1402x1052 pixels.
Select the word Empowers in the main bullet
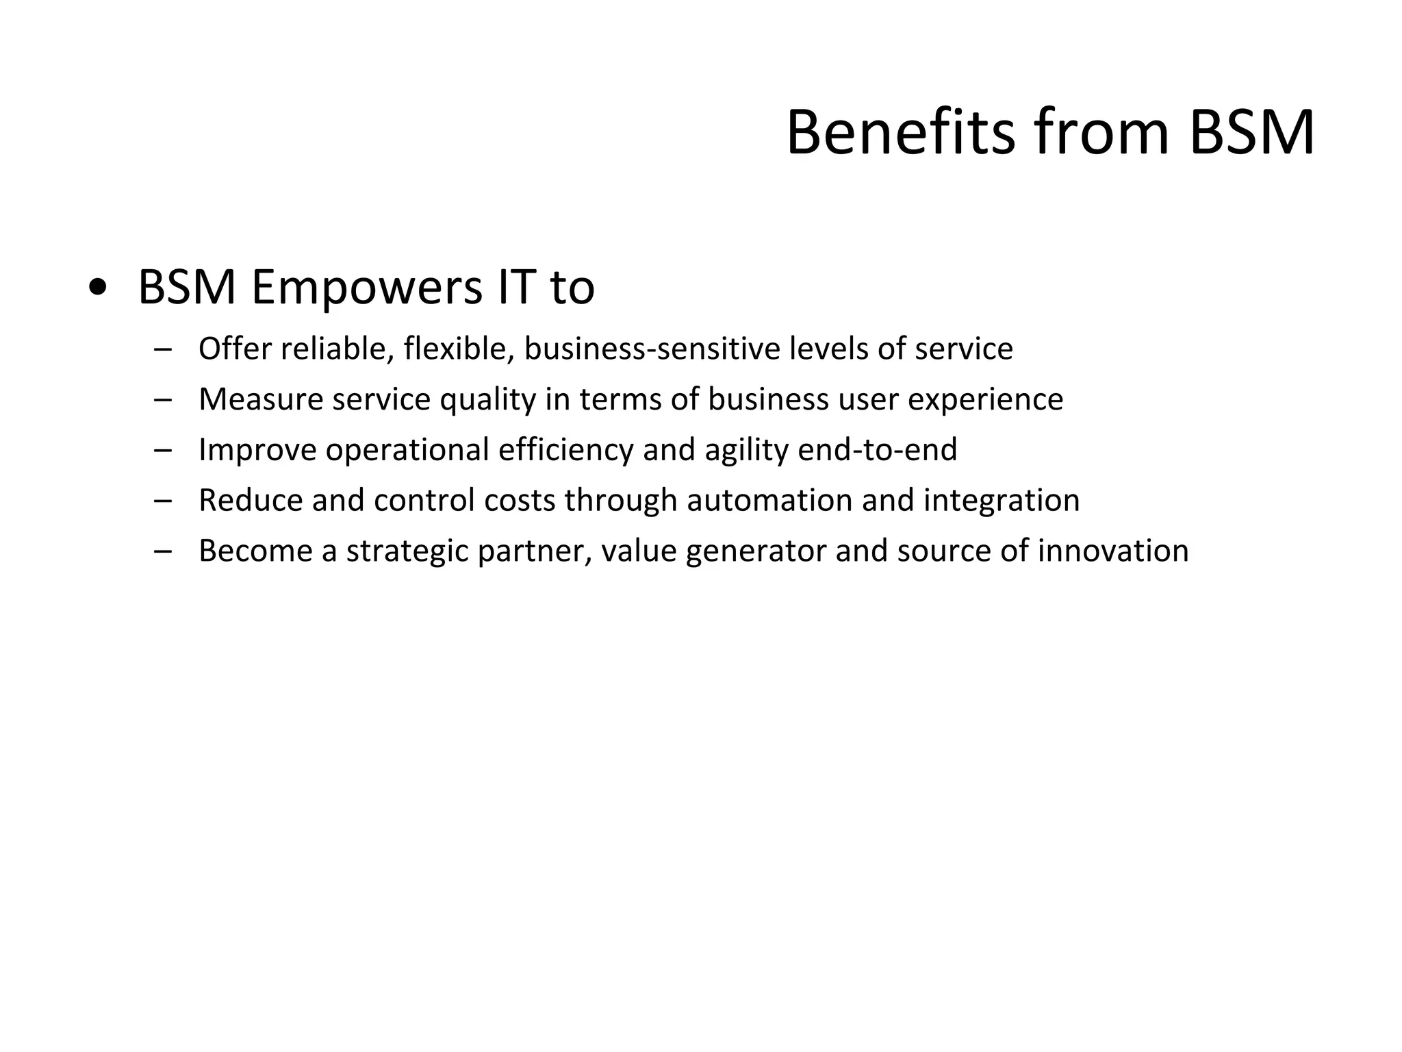pyautogui.click(x=366, y=288)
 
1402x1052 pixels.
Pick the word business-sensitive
pyautogui.click(x=652, y=349)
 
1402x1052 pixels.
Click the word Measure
pyautogui.click(x=261, y=399)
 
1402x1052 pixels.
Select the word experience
pyautogui.click(x=985, y=399)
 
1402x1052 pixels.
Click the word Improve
pyautogui.click(x=257, y=450)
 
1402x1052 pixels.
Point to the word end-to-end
pyautogui.click(x=877, y=450)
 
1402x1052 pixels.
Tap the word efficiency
pyautogui.click(x=565, y=450)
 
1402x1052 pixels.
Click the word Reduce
pyautogui.click(x=251, y=500)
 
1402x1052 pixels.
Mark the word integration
pyautogui.click(x=1001, y=500)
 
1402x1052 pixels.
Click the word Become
pyautogui.click(x=255, y=551)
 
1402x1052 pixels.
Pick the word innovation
pyautogui.click(x=1113, y=551)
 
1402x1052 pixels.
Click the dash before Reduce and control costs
pyautogui.click(x=163, y=501)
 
